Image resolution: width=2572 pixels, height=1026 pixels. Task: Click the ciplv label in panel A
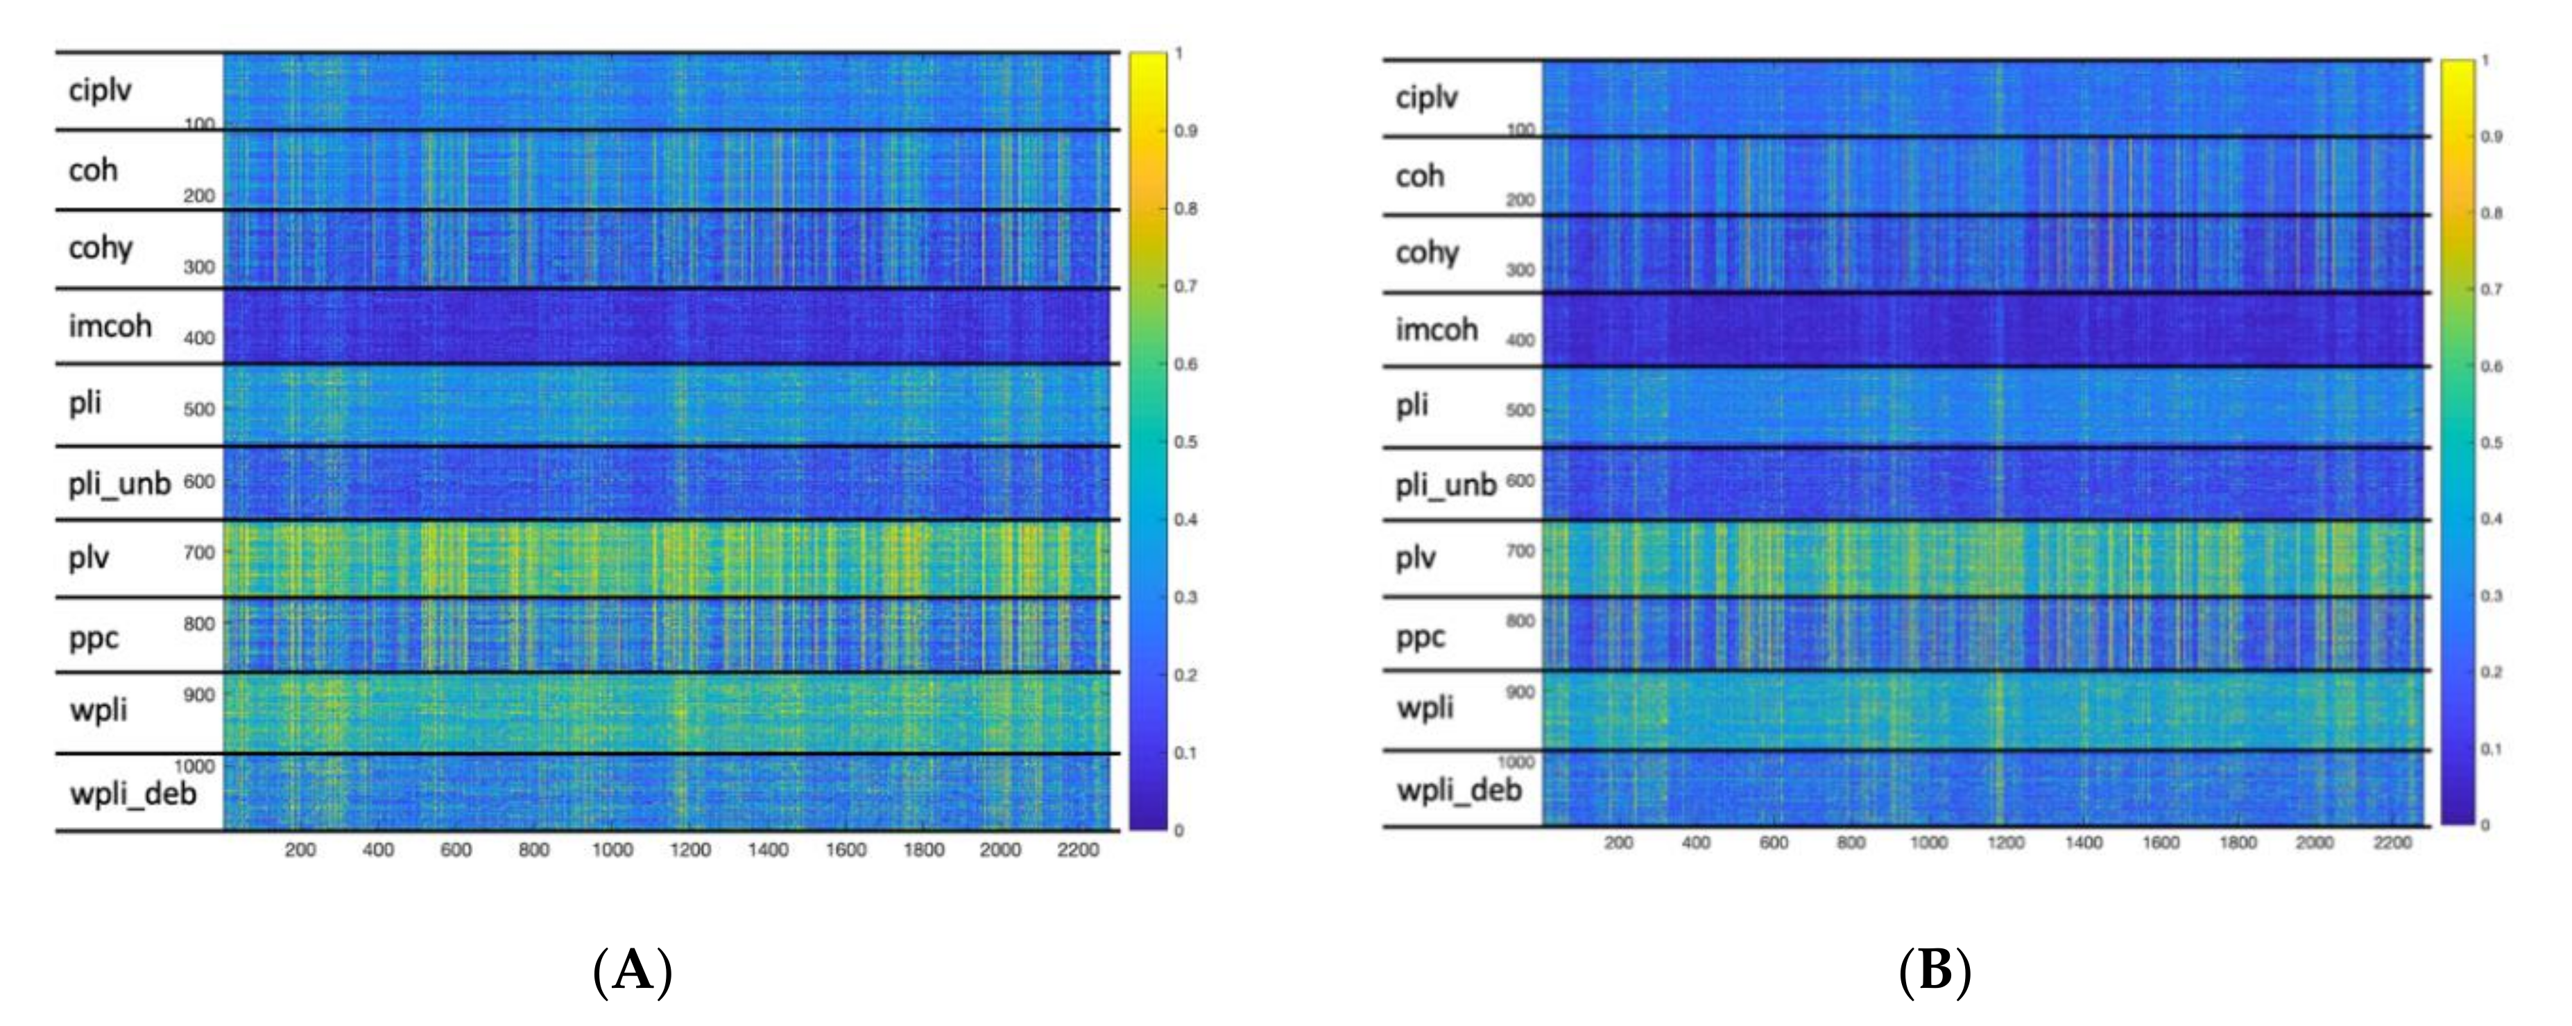click(x=100, y=91)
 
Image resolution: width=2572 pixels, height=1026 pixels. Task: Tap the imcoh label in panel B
click(x=1436, y=329)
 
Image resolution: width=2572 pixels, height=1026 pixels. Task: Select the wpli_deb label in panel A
click(x=132, y=794)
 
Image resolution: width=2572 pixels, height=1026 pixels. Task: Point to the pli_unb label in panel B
click(x=1445, y=486)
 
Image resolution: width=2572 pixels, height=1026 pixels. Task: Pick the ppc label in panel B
click(x=1420, y=638)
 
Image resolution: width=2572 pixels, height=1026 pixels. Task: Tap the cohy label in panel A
click(x=100, y=247)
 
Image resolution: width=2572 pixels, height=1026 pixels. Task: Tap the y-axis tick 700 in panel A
click(x=198, y=552)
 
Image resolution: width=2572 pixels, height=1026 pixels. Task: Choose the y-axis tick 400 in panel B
click(x=1520, y=340)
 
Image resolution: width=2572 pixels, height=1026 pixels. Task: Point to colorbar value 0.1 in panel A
click(x=1185, y=753)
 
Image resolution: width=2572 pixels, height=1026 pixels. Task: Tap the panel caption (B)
click(x=1934, y=970)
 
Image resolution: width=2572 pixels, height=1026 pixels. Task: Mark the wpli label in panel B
click(x=1425, y=708)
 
